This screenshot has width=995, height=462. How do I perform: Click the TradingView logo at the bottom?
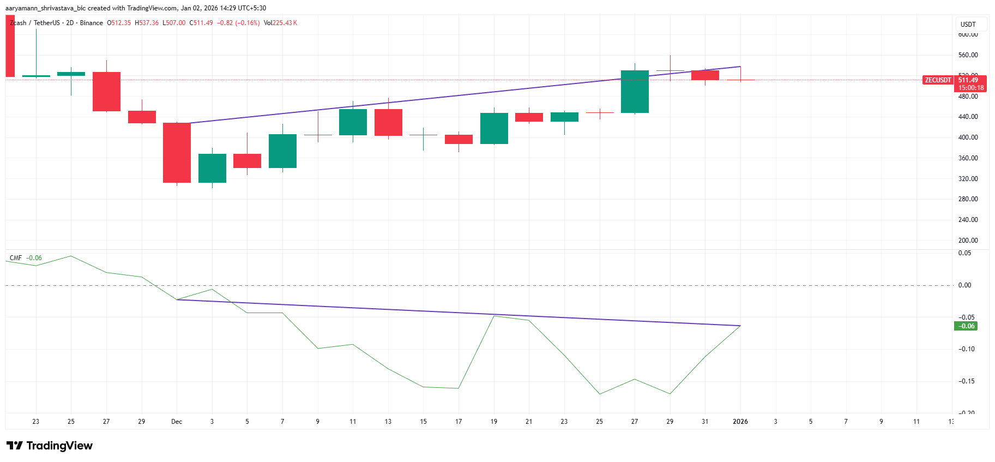(x=50, y=446)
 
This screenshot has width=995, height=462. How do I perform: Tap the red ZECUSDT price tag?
(x=937, y=80)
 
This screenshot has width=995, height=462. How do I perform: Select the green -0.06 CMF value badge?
(x=966, y=326)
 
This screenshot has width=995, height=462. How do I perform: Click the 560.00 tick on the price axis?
(x=968, y=55)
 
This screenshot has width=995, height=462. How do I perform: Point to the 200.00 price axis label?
(x=968, y=241)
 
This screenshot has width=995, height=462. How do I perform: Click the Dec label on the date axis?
(x=177, y=422)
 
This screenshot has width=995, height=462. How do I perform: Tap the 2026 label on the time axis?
(x=740, y=422)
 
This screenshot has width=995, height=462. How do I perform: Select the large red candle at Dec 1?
(x=177, y=153)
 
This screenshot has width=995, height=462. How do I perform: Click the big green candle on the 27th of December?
(x=635, y=92)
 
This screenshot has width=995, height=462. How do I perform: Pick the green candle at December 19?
(x=494, y=129)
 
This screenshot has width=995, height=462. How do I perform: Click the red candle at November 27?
(x=106, y=92)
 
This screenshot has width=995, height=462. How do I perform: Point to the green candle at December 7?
(x=282, y=151)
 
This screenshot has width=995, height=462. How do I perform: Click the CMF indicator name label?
(x=16, y=258)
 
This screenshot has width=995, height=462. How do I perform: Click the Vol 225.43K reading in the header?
(x=280, y=23)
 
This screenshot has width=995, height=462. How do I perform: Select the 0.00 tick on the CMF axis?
(x=964, y=285)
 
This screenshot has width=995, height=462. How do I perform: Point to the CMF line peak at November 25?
(x=71, y=256)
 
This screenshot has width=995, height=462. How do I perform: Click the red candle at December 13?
(x=388, y=122)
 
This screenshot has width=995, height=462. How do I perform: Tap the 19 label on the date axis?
(x=494, y=422)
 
